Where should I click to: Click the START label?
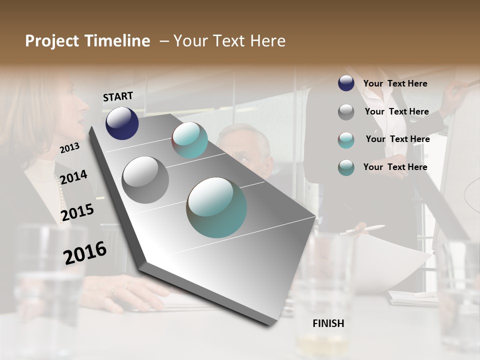tap(118, 96)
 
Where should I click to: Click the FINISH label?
tap(328, 323)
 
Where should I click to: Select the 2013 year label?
tap(69, 148)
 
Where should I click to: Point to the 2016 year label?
tap(85, 252)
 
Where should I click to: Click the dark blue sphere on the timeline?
tap(122, 123)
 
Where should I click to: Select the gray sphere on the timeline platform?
tap(145, 179)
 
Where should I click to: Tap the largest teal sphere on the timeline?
tap(216, 207)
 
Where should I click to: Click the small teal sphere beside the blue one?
tap(189, 140)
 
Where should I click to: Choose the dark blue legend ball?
tap(346, 83)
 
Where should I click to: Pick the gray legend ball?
tap(346, 111)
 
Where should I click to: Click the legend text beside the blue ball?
tap(395, 84)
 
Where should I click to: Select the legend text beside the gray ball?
tap(396, 111)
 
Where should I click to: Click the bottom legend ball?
tap(346, 167)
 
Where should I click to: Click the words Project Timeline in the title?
tap(87, 41)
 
